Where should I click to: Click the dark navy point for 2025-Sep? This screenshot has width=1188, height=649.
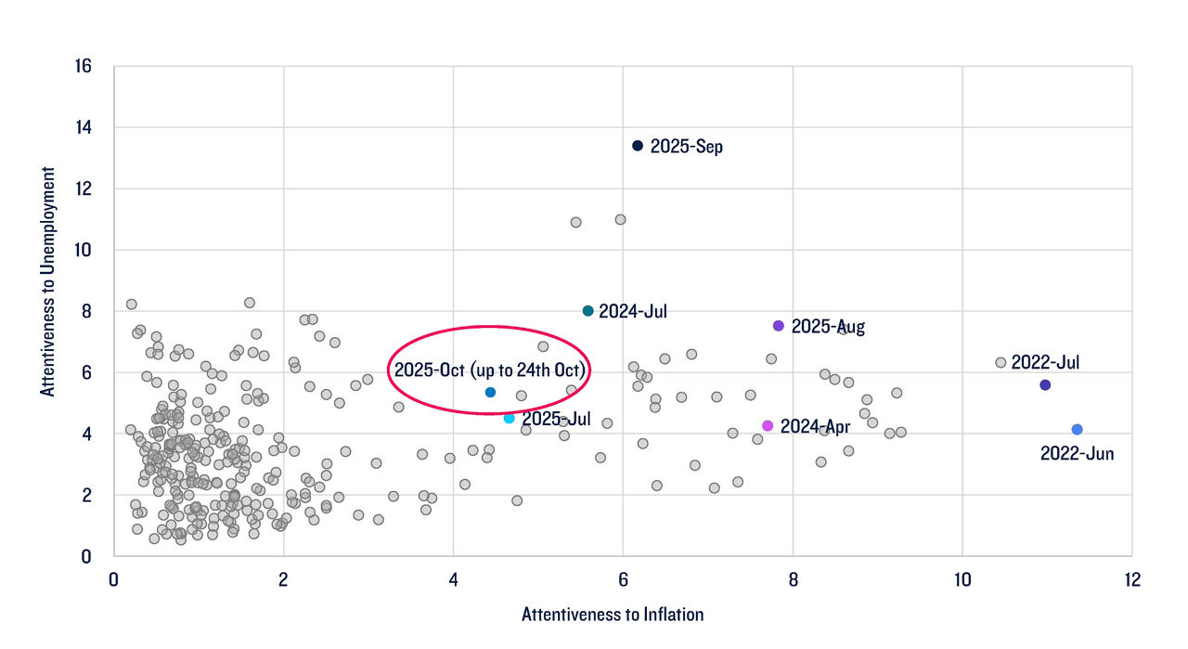pyautogui.click(x=638, y=146)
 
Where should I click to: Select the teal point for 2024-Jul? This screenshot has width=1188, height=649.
pyautogui.click(x=588, y=311)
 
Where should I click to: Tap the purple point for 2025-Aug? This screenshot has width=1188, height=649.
pyautogui.click(x=779, y=326)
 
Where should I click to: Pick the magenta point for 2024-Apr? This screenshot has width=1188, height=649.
pyautogui.click(x=768, y=426)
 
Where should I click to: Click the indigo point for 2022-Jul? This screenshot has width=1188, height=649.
pyautogui.click(x=1045, y=384)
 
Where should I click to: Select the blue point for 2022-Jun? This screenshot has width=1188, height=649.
pyautogui.click(x=1077, y=430)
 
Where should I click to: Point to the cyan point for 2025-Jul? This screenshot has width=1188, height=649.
pyautogui.click(x=509, y=419)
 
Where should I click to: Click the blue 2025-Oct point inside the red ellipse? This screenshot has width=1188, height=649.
pyautogui.click(x=490, y=393)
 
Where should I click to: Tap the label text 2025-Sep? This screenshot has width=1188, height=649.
pyautogui.click(x=686, y=147)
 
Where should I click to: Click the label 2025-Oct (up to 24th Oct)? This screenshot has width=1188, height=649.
pyautogui.click(x=491, y=369)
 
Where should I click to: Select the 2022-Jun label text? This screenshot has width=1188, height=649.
pyautogui.click(x=1077, y=454)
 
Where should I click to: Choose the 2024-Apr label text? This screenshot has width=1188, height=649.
pyautogui.click(x=815, y=426)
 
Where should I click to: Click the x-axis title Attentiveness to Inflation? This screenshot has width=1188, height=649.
pyautogui.click(x=613, y=615)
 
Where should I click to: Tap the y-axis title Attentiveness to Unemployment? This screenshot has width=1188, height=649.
pyautogui.click(x=47, y=282)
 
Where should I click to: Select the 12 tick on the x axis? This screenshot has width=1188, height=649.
pyautogui.click(x=1131, y=580)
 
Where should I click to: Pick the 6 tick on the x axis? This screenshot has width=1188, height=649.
pyautogui.click(x=623, y=580)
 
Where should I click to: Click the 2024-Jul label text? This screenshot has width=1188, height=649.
pyautogui.click(x=632, y=312)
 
